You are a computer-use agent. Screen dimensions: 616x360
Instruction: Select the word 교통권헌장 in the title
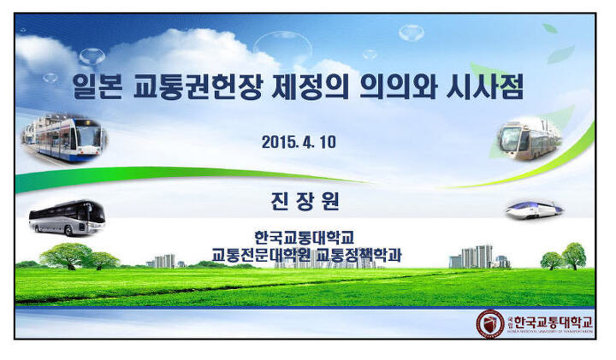point(198,87)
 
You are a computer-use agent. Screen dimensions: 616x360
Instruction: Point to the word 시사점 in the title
point(485,87)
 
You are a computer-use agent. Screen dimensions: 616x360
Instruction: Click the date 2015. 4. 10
point(299,142)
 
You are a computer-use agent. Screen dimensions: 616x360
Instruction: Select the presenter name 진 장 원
point(305,202)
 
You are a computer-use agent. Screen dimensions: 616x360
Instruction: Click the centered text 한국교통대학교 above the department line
point(305,238)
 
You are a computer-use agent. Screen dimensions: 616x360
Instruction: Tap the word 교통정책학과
point(359,255)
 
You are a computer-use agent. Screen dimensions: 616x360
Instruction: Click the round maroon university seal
point(490,324)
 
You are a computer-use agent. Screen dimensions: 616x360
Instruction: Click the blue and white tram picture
point(64,139)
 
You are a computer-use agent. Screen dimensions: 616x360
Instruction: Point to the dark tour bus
point(68,218)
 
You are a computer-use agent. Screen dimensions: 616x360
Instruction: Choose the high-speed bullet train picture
point(534,210)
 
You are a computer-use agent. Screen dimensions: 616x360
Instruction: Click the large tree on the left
point(66,256)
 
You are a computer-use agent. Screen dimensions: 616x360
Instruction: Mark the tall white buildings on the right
point(477,257)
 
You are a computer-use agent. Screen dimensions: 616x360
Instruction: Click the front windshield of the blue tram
point(89,135)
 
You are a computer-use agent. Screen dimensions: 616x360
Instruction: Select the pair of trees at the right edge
point(564,257)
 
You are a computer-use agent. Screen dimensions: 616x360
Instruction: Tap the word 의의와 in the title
point(398,87)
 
